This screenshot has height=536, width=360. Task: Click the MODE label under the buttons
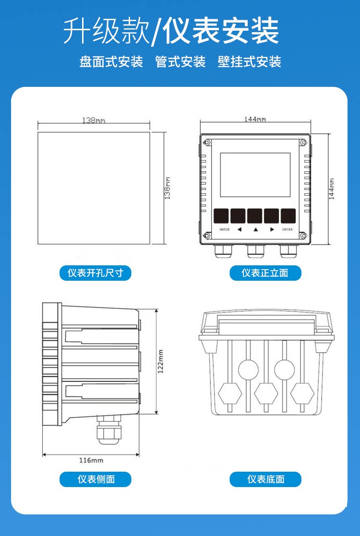pos(225,229)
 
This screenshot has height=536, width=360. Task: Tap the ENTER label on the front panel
pos(287,229)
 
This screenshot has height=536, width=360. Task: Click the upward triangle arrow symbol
pos(256,230)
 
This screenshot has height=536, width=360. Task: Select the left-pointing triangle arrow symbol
pos(240,229)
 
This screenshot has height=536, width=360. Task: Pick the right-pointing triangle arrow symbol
pos(272,229)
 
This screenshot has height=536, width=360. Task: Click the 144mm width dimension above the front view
pos(255,119)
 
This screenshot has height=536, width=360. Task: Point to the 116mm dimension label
pos(91,460)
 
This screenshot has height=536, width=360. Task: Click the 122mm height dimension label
pos(161,361)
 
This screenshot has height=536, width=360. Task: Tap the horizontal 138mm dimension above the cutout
pos(94,120)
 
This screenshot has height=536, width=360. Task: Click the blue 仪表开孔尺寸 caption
pos(96,273)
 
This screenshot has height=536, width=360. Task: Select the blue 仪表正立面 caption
pos(265,273)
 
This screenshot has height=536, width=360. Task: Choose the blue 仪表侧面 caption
pos(96,479)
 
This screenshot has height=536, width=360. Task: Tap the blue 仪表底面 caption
pos(265,479)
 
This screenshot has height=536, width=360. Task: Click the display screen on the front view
pos(255,175)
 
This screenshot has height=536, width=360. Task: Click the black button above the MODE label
pos(221,216)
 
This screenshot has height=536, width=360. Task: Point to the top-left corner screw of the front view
pos(206,142)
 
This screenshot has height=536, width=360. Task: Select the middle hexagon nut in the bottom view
pos(266,394)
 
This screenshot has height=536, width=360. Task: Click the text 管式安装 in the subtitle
pos(180,62)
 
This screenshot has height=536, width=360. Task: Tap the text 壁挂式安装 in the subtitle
pos(249,62)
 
